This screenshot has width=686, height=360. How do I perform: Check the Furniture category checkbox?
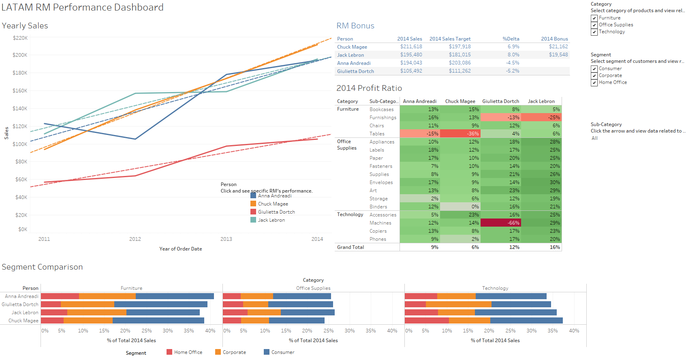pos(594,18)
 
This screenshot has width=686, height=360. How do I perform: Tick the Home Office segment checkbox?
pos(594,83)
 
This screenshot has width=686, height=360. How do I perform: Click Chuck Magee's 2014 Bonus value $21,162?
pos(558,47)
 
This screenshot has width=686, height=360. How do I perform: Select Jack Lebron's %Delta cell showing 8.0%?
pos(513,55)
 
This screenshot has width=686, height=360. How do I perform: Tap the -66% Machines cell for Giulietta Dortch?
pos(500,223)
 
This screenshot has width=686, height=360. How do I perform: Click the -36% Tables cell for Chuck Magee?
pos(460,134)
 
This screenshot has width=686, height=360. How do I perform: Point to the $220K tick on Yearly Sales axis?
pos(20,38)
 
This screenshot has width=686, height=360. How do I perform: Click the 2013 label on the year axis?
pos(226,239)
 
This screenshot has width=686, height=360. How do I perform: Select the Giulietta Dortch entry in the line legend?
pos(276,212)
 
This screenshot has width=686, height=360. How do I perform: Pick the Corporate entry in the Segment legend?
pos(234,352)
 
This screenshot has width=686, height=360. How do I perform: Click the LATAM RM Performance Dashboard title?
pos(83,7)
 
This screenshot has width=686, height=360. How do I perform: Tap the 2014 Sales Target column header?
pos(450,39)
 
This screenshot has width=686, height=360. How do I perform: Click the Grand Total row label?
pos(350,247)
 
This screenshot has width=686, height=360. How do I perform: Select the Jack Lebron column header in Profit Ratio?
pos(541,101)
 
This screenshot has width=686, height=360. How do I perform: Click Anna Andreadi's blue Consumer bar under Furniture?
pos(175,296)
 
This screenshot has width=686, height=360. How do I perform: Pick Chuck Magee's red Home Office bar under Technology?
pos(427,321)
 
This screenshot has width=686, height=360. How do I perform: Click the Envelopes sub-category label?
pos(381,182)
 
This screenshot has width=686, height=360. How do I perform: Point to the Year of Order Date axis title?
pos(181,249)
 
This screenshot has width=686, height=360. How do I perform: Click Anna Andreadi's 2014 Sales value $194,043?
pos(411,63)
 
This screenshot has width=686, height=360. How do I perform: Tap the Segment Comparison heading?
pos(42,267)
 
